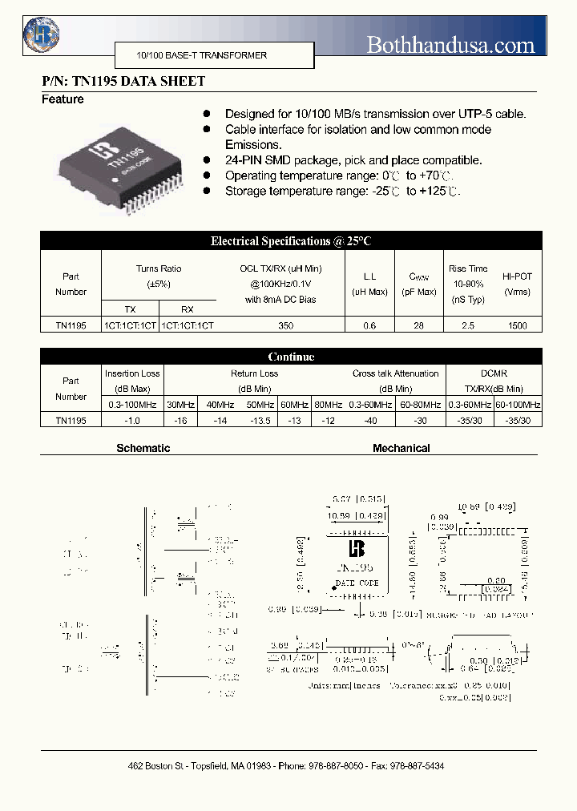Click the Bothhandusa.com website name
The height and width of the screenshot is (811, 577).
[450, 45]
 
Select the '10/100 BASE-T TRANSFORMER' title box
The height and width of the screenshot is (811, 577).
[192, 55]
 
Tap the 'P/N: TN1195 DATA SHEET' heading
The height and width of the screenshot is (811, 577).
[123, 81]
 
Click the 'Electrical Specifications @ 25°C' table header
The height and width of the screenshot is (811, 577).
[291, 240]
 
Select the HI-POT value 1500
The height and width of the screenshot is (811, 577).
[517, 326]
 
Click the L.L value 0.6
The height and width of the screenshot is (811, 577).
[369, 326]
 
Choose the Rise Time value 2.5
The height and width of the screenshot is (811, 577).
[467, 326]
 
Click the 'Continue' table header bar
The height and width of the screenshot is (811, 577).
[291, 357]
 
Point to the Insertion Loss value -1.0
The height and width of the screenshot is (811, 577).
[132, 420]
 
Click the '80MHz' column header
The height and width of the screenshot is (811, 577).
[327, 405]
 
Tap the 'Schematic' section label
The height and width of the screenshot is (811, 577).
[143, 449]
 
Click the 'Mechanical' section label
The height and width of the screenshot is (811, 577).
[401, 449]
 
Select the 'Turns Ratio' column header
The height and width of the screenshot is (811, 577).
[159, 269]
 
